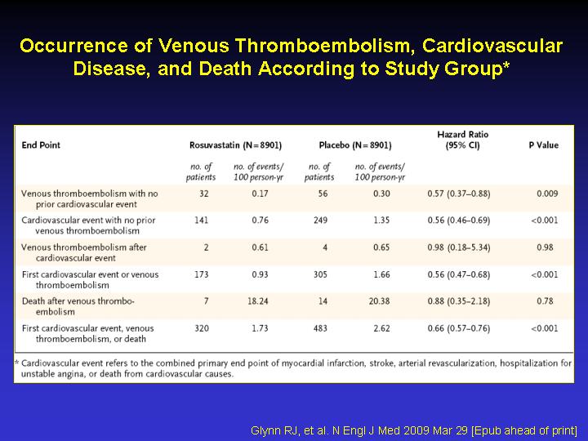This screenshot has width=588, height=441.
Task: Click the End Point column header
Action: pyautogui.click(x=41, y=145)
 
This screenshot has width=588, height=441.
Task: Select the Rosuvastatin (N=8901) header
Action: pyautogui.click(x=235, y=145)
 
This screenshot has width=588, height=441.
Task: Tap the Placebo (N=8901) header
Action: pyautogui.click(x=355, y=145)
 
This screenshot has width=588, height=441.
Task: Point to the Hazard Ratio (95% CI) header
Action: pyautogui.click(x=463, y=140)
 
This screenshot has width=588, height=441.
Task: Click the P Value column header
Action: pyautogui.click(x=543, y=145)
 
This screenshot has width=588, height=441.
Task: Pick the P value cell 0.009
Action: pyautogui.click(x=547, y=194)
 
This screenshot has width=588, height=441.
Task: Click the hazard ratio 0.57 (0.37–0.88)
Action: pyautogui.click(x=459, y=194)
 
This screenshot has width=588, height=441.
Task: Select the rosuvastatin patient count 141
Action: pyautogui.click(x=202, y=220)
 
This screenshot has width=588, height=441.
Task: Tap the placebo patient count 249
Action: pyautogui.click(x=321, y=220)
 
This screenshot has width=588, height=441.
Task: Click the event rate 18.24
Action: pyautogui.click(x=257, y=301)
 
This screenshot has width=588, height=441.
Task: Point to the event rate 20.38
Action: pyautogui.click(x=379, y=301)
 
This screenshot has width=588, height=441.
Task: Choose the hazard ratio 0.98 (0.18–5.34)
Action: pyautogui.click(x=459, y=247)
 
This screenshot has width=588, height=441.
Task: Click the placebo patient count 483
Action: pyautogui.click(x=321, y=328)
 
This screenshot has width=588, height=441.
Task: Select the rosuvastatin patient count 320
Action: pyautogui.click(x=202, y=328)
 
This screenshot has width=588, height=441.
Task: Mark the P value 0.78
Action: pyautogui.click(x=545, y=301)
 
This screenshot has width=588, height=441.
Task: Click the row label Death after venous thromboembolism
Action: pyautogui.click(x=78, y=306)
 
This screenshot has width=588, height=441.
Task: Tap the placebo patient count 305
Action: pyautogui.click(x=321, y=274)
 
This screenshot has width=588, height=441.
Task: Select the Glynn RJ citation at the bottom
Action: pyautogui.click(x=414, y=430)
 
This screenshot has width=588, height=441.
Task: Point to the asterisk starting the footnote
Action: pyautogui.click(x=16, y=363)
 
